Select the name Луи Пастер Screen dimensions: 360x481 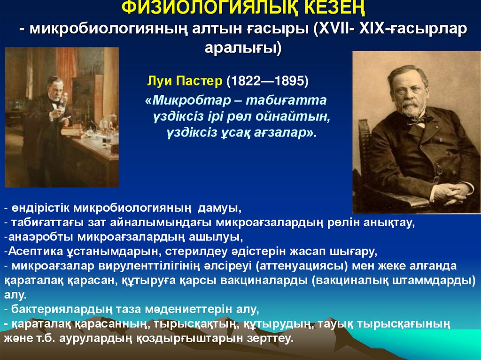pyautogui.click(x=185, y=81)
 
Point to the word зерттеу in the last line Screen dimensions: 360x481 pyautogui.click(x=271, y=338)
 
